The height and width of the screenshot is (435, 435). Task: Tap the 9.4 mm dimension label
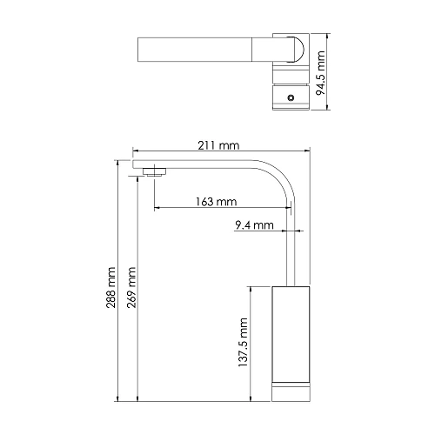point(254,225)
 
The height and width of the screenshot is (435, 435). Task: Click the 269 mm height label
point(132,283)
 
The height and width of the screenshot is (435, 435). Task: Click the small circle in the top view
point(290,99)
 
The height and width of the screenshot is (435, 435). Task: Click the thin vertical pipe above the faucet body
point(291,244)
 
